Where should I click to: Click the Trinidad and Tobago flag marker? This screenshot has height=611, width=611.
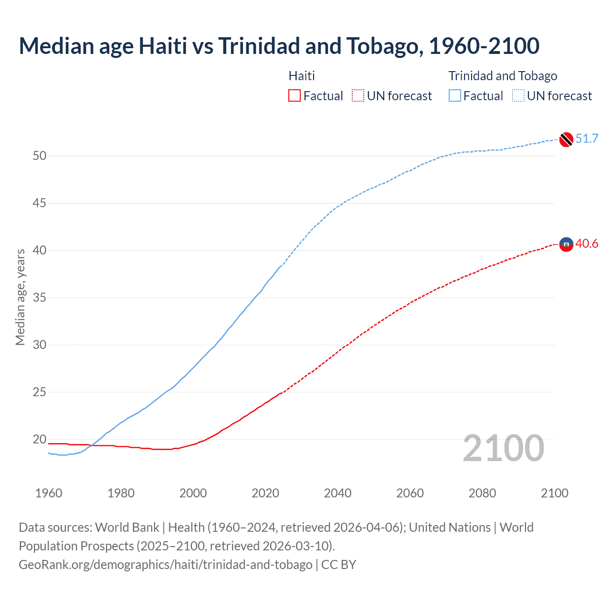(566, 139)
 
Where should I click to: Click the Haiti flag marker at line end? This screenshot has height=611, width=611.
(566, 244)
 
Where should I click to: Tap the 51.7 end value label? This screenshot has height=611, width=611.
(587, 139)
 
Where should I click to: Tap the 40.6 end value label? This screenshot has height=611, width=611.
(587, 244)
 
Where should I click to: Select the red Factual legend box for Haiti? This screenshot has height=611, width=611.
(295, 96)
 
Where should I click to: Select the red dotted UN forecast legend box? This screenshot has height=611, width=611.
(358, 96)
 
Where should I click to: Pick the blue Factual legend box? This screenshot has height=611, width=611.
(455, 96)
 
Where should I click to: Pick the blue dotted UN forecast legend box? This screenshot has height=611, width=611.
(518, 96)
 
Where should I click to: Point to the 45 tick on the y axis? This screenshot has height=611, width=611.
(40, 203)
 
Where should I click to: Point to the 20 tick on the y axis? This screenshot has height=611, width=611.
(40, 439)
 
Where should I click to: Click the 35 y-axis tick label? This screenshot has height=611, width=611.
(40, 298)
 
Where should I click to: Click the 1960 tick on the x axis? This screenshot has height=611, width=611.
(49, 493)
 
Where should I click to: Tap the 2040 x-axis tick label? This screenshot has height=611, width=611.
(337, 493)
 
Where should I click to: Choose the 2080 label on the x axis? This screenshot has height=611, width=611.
(482, 493)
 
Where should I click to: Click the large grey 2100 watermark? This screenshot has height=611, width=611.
(504, 448)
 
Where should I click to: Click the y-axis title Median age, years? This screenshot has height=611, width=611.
(20, 297)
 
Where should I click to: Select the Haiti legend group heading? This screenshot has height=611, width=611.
(302, 76)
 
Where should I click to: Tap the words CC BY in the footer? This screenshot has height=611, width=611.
(338, 565)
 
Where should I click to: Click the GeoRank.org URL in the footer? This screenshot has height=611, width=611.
(165, 565)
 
